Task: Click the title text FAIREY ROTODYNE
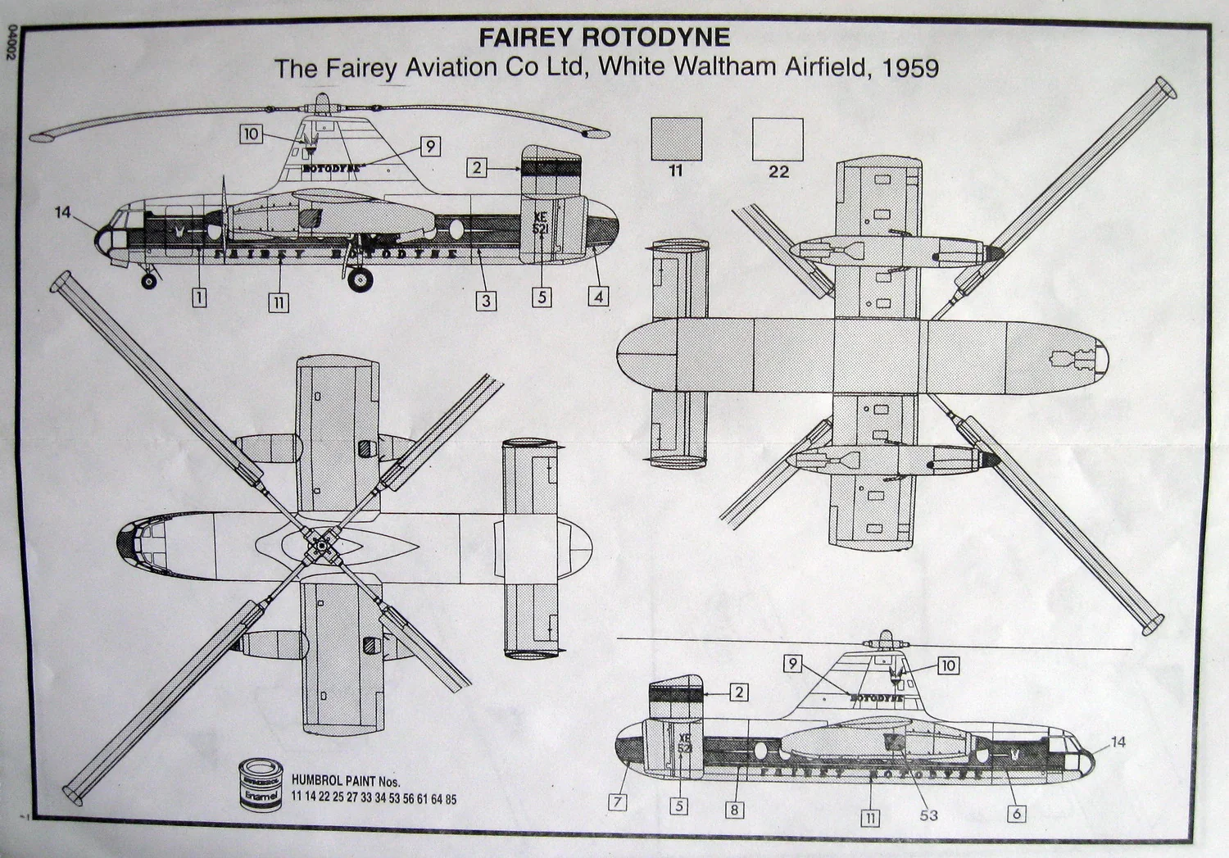click(604, 38)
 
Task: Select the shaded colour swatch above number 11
click(676, 138)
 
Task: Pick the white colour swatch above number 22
click(778, 138)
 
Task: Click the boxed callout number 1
click(198, 297)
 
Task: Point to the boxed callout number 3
click(486, 301)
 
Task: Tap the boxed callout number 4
click(598, 297)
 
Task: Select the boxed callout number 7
click(619, 802)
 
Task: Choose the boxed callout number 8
click(734, 810)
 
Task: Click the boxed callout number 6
click(1016, 814)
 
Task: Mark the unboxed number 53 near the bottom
click(928, 815)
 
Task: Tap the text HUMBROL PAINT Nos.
click(346, 782)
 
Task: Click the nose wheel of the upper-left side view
click(149, 282)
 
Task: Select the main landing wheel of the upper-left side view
click(359, 280)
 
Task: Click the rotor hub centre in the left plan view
click(318, 544)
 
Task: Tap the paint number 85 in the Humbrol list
click(451, 799)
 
